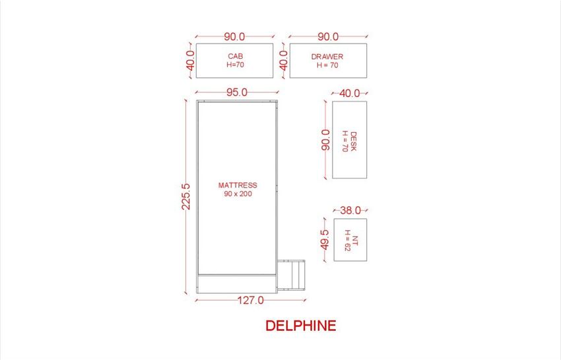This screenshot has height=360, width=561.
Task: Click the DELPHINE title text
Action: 301,326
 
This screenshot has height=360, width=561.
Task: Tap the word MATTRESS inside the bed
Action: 238,185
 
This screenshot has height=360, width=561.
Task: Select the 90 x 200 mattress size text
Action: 238,194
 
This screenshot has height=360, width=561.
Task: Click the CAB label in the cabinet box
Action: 236,56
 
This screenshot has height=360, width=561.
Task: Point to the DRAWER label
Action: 327,57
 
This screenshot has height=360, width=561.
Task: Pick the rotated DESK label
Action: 353,141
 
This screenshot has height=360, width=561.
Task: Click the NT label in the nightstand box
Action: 354,240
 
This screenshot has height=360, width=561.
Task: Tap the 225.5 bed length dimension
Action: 186,197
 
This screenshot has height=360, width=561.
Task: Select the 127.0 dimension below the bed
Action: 250,300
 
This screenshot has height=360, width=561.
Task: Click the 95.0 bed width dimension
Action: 237,92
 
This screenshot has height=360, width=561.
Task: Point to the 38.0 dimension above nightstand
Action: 350,210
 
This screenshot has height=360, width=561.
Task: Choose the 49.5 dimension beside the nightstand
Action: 325,240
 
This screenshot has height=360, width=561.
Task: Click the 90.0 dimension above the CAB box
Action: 235,36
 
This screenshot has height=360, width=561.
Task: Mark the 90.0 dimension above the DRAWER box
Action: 328,36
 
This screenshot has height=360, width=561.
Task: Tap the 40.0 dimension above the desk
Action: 350,93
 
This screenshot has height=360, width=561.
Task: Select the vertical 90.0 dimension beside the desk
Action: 325,140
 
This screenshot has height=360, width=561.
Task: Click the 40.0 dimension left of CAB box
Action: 191,61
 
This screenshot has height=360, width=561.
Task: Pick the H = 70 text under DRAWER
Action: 327,65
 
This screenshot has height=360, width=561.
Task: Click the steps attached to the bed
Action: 291,275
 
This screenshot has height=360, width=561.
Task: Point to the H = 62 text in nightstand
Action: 347,240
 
